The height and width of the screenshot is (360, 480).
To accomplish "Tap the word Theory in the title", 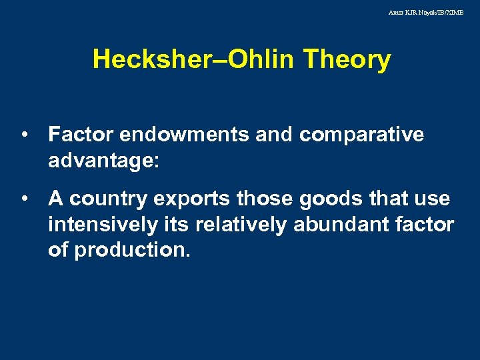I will (347, 60).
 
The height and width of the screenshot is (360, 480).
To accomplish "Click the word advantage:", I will (103, 160).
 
